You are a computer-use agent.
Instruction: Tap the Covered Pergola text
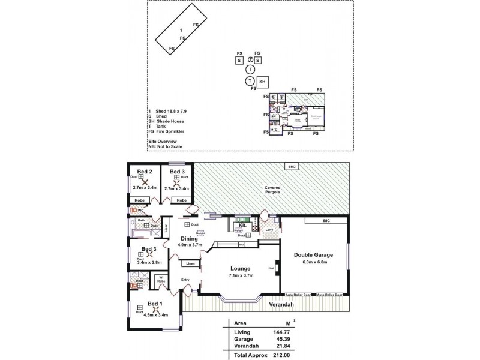(x=272, y=190)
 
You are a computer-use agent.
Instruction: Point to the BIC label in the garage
(x=326, y=221)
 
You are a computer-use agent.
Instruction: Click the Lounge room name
(x=240, y=268)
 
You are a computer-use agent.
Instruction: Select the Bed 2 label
(x=144, y=172)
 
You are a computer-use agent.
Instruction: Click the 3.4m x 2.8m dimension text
(x=149, y=262)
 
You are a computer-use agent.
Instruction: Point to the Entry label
(x=185, y=280)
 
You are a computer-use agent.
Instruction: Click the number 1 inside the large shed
(x=181, y=29)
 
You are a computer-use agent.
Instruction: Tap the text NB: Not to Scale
(x=165, y=146)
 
